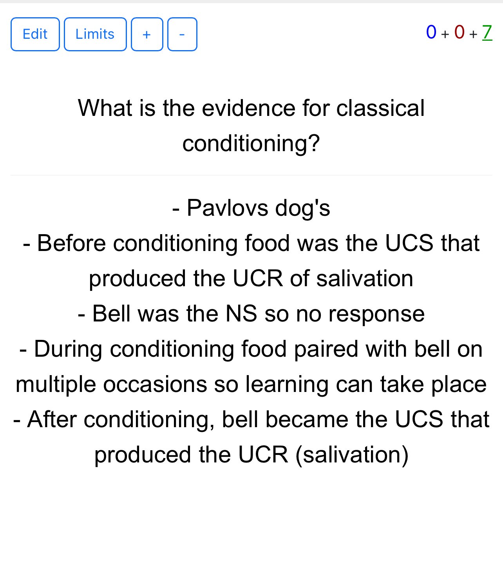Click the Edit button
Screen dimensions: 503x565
pos(35,34)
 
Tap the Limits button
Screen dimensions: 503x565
pos(95,34)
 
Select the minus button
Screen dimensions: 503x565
pos(182,34)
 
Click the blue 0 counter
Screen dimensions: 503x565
pos(431,32)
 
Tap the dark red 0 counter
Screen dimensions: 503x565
pos(459,32)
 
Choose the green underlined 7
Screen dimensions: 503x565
pos(487,32)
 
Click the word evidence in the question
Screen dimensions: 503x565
pos(248,108)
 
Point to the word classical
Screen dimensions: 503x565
pos(380,108)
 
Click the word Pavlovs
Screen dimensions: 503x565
pos(227,208)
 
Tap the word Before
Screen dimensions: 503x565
pos(71,243)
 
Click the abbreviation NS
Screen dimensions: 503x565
pos(241,314)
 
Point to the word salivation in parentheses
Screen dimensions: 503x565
pos(352,455)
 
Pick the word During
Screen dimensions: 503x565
pos(68,349)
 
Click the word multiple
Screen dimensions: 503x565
pos(56,384)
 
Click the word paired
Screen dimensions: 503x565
pos(326,349)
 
